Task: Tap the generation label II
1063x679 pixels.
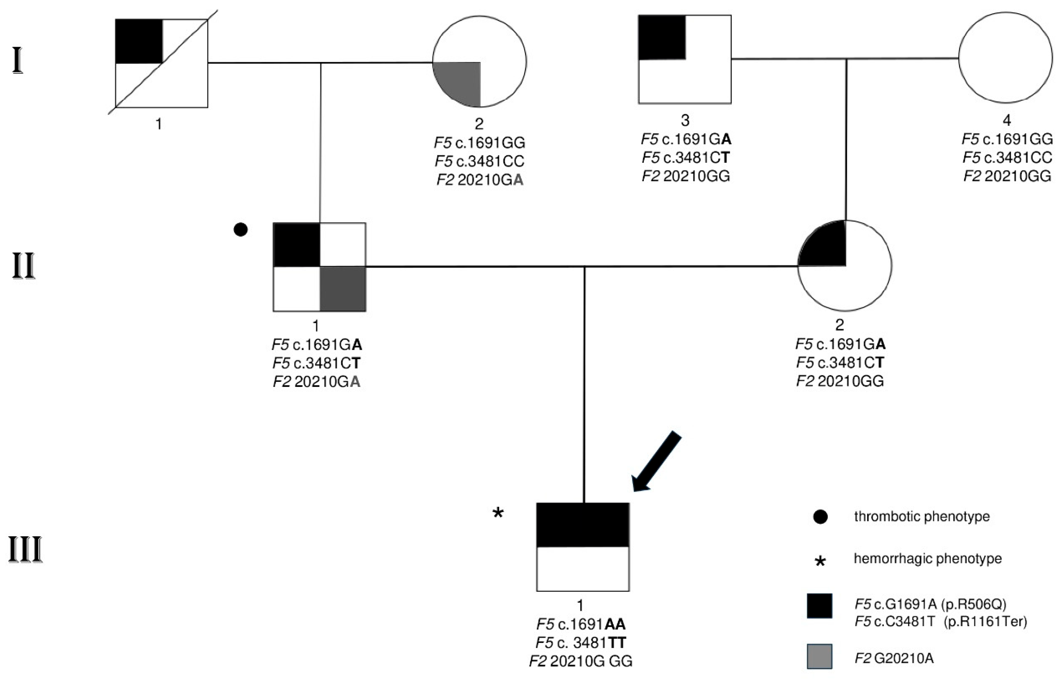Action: point(24,266)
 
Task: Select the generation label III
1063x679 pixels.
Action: point(25,550)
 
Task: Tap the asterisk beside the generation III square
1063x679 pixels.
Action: point(498,514)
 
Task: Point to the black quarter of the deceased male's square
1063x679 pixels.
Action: point(139,41)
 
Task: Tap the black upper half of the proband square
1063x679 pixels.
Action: point(583,525)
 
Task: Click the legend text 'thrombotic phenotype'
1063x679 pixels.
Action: point(922,516)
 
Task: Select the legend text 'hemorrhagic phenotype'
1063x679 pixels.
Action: point(927,559)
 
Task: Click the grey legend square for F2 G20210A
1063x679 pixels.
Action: point(820,656)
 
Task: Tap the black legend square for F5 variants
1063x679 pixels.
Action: point(820,606)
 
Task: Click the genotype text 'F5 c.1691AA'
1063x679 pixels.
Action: point(581,624)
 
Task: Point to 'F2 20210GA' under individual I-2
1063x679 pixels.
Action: point(480,180)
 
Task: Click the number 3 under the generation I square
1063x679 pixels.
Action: point(685,120)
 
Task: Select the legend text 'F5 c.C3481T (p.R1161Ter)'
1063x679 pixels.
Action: point(941,622)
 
